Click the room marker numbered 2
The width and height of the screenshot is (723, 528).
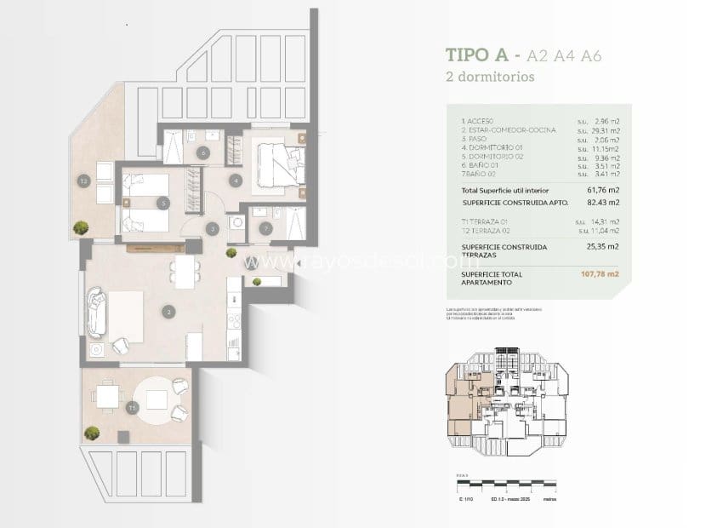tap(169, 313)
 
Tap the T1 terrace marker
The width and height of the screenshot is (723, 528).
tap(132, 409)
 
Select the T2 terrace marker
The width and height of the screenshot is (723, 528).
tap(83, 181)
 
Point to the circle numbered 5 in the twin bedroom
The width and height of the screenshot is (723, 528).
tap(162, 203)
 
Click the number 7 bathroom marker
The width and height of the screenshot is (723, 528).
tap(265, 227)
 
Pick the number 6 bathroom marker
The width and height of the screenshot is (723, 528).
tap(202, 153)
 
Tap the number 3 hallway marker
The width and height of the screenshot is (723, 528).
tap(213, 227)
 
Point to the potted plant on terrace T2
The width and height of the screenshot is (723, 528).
tap(81, 227)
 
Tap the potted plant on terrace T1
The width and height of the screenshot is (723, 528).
tap(91, 433)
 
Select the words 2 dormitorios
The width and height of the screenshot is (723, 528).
tap(490, 77)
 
